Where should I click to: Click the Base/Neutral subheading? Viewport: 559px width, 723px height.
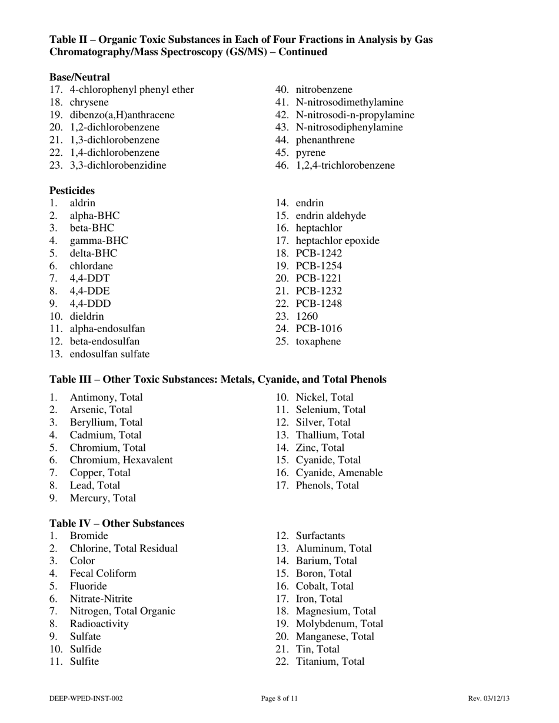pos(79,77)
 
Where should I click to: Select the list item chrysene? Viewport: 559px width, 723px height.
pos(89,102)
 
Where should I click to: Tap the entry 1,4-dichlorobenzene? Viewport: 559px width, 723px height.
pos(114,152)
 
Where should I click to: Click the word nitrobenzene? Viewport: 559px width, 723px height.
pos(324,89)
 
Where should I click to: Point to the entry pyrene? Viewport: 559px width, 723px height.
pos(310,153)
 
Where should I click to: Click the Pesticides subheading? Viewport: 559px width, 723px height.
pos(72,190)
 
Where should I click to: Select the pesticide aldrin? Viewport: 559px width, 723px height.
pos(82,203)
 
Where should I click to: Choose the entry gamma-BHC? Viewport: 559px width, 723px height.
pos(98,240)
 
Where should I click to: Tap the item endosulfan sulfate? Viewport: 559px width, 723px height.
pos(109,354)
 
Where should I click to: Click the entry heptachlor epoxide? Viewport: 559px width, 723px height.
pos(337,240)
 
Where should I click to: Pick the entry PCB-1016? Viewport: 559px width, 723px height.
pos(318,329)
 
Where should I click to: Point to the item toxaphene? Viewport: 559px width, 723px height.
pos(318,342)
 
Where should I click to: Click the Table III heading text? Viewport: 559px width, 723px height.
pos(218,380)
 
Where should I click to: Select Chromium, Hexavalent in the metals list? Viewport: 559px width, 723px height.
pos(121,460)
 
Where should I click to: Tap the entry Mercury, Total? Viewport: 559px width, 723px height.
pos(102,498)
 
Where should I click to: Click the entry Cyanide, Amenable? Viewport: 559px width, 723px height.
pos(339,473)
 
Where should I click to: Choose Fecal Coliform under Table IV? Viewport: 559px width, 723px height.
pos(103,573)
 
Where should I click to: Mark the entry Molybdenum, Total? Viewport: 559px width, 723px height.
pos(339,624)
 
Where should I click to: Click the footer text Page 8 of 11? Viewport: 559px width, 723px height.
pos(279,698)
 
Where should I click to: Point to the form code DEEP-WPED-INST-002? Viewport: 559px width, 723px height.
pos(86,698)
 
